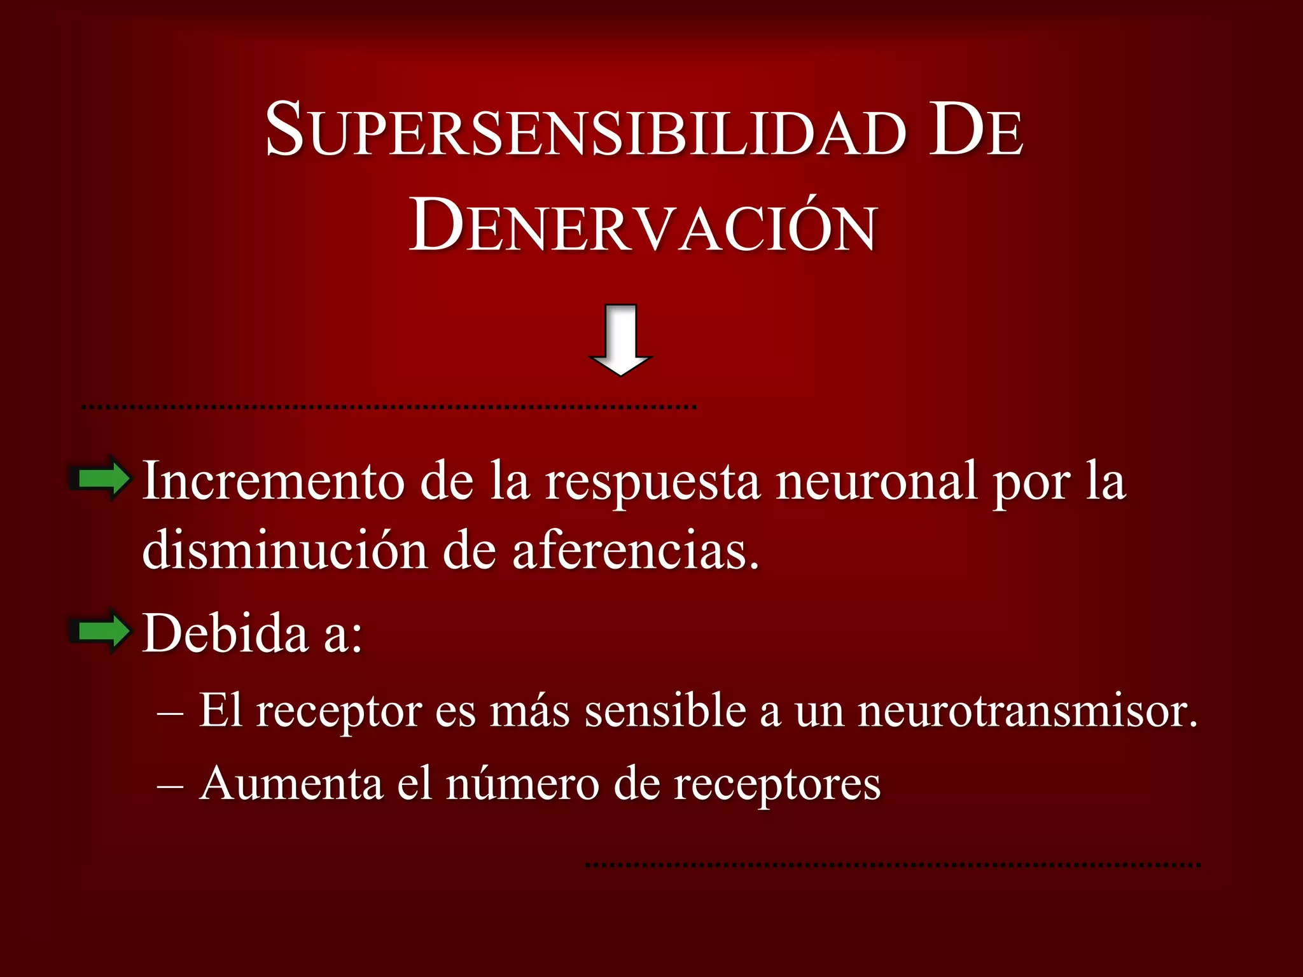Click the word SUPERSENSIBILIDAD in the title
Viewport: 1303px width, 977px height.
click(x=585, y=130)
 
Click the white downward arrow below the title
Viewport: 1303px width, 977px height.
click(x=620, y=340)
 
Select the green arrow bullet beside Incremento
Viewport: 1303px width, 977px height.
click(x=101, y=478)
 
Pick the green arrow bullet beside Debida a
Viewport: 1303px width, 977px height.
click(x=101, y=631)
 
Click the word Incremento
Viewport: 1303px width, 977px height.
click(x=273, y=482)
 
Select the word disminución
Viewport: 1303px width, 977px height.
click(x=284, y=550)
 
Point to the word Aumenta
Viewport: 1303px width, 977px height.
click(x=291, y=783)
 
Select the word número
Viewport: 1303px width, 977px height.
click(x=522, y=783)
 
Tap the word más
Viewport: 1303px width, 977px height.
click(x=529, y=710)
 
